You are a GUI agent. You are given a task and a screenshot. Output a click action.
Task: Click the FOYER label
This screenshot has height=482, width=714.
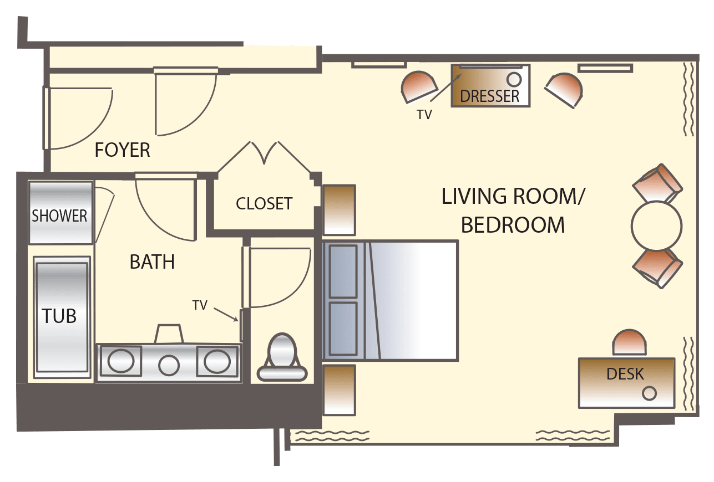pos(123,150)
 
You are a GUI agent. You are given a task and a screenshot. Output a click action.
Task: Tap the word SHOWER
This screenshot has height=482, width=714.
pos(59,216)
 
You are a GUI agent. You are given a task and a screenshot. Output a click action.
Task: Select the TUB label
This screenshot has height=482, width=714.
pos(59,316)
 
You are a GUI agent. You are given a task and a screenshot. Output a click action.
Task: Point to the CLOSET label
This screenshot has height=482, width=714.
pos(264,204)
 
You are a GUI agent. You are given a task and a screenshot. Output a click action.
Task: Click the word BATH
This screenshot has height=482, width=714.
pos(152,261)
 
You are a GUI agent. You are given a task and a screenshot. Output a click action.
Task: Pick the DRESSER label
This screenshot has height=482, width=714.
pos(490,96)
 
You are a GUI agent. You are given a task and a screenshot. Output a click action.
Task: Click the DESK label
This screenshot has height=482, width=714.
pos(625,374)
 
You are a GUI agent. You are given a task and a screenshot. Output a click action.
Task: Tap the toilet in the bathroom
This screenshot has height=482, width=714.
pos(282,357)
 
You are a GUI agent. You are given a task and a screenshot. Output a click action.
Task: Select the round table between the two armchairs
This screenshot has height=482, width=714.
pos(657,225)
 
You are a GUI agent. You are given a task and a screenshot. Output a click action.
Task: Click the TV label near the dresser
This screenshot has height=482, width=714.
pos(424,115)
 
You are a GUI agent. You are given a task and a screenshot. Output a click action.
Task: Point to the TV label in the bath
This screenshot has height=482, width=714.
pos(200,305)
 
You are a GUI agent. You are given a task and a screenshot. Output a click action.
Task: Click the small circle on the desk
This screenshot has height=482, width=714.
pos(649,393)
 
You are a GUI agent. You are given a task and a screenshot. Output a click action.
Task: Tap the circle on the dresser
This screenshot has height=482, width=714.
pos(514,79)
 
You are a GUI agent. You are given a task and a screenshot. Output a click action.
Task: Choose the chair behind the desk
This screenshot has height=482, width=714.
pos(629,342)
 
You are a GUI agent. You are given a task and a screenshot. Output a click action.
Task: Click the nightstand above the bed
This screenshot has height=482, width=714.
pos(339,210)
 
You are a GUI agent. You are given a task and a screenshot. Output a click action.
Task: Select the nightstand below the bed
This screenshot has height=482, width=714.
pos(339,390)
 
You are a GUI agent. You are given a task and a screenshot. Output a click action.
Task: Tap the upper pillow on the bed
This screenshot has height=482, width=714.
pos(343,271)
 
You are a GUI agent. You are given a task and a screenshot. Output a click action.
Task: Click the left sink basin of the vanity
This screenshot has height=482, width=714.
pos(121,361)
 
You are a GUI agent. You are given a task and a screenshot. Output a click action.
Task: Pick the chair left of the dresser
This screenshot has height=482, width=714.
pos(419,87)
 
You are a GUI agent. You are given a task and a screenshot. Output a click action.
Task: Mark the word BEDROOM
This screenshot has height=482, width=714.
pos(513,225)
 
